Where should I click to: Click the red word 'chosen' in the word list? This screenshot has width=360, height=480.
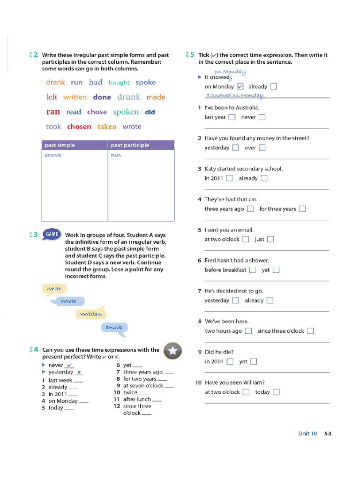click(79, 127)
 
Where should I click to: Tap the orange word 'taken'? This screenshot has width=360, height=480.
click(106, 127)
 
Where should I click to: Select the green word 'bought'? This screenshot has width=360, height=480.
click(119, 82)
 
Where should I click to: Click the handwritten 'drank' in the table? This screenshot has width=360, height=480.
click(53, 155)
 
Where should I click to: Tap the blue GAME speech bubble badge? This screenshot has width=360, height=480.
click(52, 234)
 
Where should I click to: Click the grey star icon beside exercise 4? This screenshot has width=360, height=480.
click(172, 350)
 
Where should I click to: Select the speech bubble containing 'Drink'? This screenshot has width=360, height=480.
click(114, 328)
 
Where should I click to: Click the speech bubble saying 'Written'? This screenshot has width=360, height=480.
click(91, 314)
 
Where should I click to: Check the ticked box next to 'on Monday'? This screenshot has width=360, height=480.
click(240, 87)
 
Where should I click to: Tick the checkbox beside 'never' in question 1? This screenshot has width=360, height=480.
click(262, 117)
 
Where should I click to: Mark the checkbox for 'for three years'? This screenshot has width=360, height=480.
click(302, 209)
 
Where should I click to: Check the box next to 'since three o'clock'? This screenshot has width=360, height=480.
click(310, 331)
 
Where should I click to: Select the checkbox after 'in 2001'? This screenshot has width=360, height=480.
click(230, 361)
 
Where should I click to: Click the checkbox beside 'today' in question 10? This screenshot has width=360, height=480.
click(276, 392)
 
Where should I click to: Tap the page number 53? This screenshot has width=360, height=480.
click(328, 434)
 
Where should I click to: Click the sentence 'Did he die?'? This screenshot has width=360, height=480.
click(219, 352)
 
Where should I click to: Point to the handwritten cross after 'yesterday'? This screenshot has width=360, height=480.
click(80, 372)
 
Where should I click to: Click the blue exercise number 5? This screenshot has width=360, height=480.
click(192, 55)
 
